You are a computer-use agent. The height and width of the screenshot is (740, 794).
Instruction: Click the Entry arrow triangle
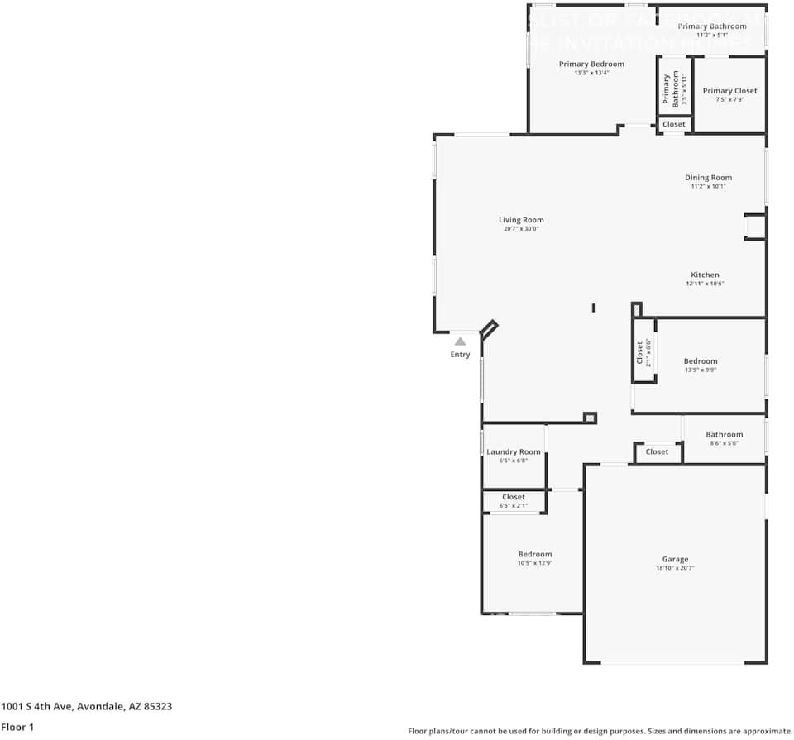click(460, 341)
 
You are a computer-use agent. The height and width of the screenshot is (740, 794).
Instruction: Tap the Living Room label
click(521, 220)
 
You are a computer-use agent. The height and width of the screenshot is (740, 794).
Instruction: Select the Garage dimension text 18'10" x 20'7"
click(675, 569)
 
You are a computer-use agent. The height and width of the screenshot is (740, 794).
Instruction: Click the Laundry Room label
click(513, 451)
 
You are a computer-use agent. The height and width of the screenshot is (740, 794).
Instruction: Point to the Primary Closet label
click(729, 91)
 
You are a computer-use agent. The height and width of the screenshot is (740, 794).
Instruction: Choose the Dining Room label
click(708, 177)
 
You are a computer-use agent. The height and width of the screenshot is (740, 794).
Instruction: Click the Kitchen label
click(705, 275)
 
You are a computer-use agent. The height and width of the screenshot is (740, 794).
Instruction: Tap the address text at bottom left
click(87, 706)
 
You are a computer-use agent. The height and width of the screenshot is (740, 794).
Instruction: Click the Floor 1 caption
click(18, 728)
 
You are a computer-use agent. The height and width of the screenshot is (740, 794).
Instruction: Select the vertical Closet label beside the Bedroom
click(640, 353)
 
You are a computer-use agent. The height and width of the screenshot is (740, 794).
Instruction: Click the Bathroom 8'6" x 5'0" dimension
click(724, 444)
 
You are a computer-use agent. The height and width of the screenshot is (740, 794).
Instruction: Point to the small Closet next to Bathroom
click(657, 451)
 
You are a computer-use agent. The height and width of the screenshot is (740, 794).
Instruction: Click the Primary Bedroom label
click(591, 64)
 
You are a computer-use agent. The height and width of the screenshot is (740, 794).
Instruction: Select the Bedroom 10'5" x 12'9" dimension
click(534, 563)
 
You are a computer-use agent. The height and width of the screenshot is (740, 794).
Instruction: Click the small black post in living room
click(594, 308)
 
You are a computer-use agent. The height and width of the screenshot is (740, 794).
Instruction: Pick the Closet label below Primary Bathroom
click(674, 124)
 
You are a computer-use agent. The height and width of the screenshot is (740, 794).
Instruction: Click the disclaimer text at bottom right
click(599, 731)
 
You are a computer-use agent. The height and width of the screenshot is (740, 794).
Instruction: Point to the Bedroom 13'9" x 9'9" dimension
click(700, 370)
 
